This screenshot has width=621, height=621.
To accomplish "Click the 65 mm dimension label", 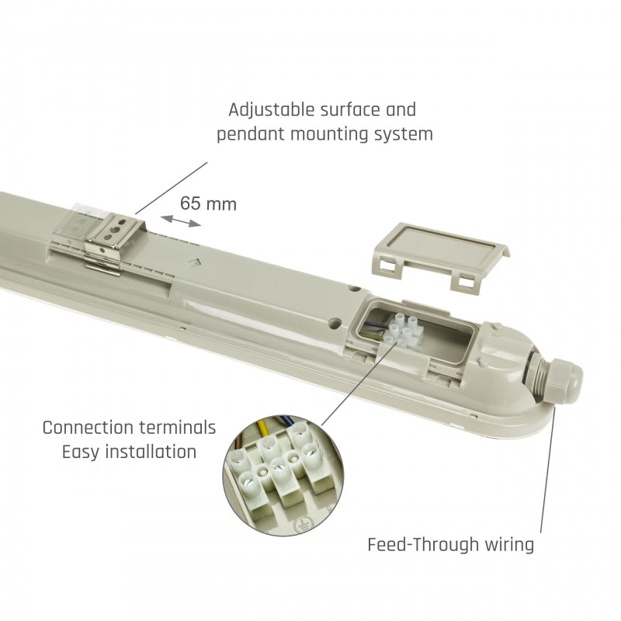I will pyautogui.click(x=208, y=204).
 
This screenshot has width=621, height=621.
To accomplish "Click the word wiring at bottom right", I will pyautogui.click(x=508, y=544).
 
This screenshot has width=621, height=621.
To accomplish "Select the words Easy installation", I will pyautogui.click(x=129, y=451).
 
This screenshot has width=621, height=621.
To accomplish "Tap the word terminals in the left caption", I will pyautogui.click(x=181, y=428).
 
